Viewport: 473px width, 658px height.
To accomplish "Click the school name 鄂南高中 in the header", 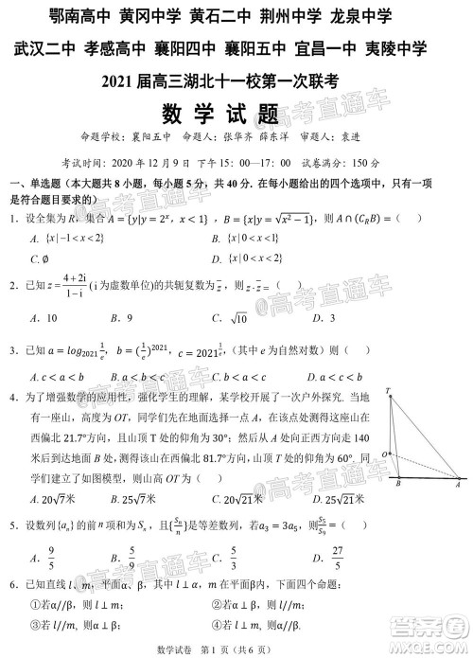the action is [x=82, y=16].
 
